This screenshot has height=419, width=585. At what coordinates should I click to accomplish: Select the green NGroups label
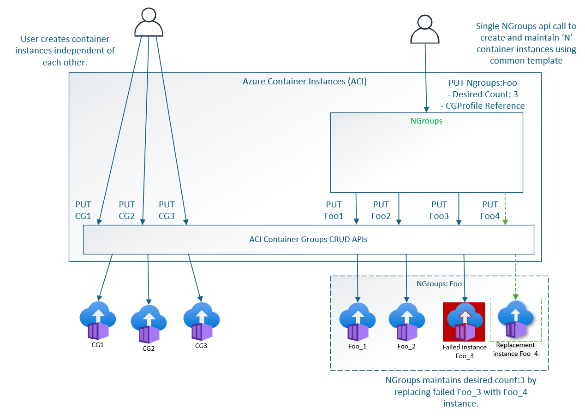click(426, 121)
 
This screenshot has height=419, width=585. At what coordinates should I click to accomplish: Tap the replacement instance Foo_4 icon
click(515, 319)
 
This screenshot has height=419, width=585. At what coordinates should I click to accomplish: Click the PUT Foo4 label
click(489, 210)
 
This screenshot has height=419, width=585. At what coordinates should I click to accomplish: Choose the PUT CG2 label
click(127, 210)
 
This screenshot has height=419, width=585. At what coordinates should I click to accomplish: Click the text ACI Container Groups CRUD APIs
click(308, 239)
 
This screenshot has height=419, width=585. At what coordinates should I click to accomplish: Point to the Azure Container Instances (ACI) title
click(304, 82)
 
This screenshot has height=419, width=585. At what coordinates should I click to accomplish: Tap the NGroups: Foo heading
click(439, 284)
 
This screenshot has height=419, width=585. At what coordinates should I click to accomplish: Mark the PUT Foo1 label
click(334, 210)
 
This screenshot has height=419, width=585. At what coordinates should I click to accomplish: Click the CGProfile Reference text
click(482, 106)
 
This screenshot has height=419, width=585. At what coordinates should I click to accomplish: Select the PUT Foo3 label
click(439, 210)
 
